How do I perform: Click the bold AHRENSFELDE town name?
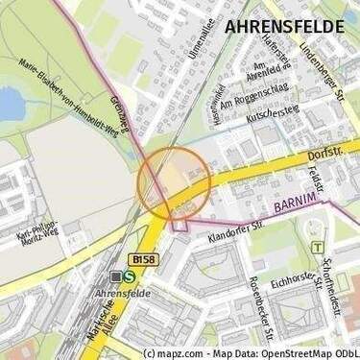pyautogui.click(x=283, y=26)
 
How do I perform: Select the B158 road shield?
pyautogui.click(x=144, y=258)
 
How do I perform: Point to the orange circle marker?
pyautogui.click(x=174, y=179)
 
